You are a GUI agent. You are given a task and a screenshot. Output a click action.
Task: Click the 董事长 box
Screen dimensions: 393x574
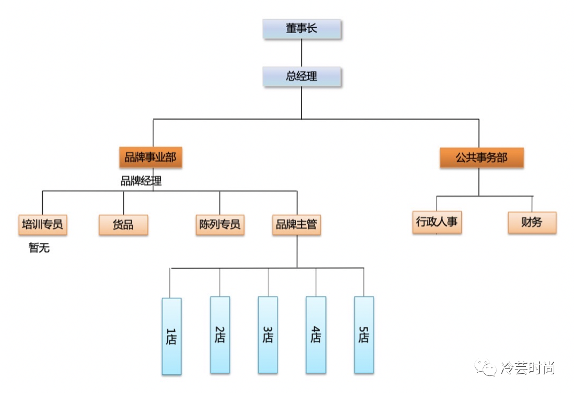point(301,29)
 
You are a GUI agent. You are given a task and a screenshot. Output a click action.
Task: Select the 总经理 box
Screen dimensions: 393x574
point(301,76)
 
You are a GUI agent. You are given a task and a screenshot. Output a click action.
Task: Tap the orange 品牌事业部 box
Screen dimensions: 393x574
point(150,158)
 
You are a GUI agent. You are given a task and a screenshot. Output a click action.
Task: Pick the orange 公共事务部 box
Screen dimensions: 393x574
point(481,158)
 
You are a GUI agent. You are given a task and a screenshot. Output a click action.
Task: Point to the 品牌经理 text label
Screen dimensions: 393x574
point(141,182)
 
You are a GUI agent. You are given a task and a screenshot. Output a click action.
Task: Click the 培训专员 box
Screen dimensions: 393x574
point(42,224)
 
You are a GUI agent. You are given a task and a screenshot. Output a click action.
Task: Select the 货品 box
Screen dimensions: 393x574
point(123,225)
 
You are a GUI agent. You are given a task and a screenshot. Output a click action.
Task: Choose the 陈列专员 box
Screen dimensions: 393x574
point(220,224)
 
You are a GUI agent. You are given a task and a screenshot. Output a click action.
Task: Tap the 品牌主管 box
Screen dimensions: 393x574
point(296,224)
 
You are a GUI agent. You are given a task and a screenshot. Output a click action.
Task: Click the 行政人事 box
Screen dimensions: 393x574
point(437,222)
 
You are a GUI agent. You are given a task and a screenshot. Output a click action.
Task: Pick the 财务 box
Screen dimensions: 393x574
point(532,222)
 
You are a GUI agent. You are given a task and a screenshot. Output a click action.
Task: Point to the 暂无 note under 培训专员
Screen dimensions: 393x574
point(39,248)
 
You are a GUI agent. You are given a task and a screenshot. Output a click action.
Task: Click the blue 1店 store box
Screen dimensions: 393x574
point(172,336)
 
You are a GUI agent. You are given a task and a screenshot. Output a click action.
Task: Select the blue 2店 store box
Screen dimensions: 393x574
point(220,335)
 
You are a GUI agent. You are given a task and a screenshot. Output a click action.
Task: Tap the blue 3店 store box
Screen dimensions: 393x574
point(268,335)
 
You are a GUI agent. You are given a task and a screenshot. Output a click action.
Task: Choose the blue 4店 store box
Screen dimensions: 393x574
point(316,335)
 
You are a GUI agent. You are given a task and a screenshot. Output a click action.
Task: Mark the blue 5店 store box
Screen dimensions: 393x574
point(364,335)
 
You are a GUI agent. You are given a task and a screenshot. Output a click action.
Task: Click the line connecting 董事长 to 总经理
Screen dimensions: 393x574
point(301,52)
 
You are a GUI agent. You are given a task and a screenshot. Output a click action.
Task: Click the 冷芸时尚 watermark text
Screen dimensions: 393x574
point(528,368)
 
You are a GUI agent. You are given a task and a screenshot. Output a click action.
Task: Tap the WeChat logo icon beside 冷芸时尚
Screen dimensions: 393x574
point(487,368)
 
